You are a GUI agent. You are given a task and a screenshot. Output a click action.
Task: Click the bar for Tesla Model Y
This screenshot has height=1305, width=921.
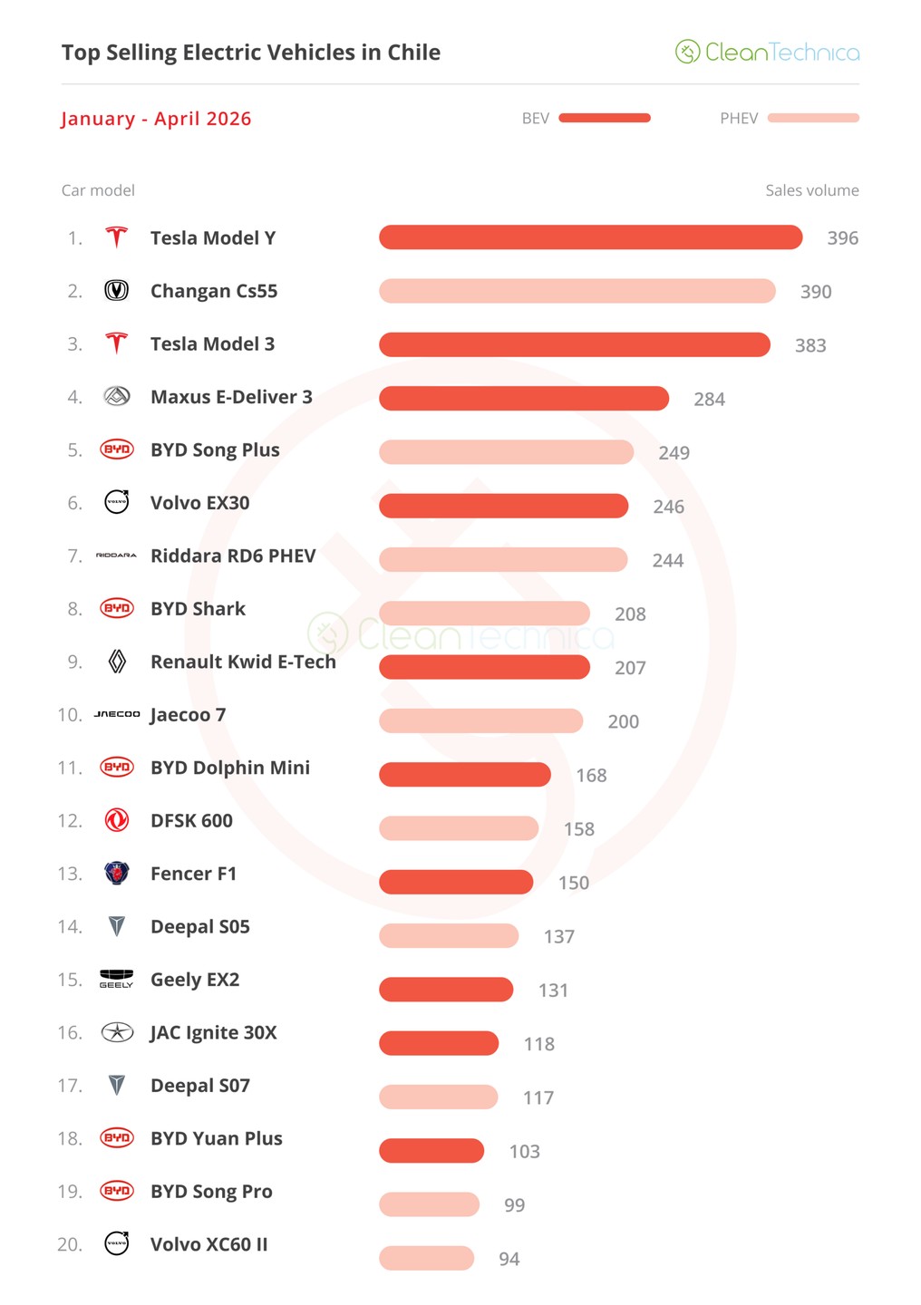(x=590, y=237)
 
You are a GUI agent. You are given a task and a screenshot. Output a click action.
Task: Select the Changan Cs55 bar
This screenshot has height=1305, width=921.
(x=577, y=291)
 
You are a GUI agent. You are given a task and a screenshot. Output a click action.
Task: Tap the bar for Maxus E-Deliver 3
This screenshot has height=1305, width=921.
(x=524, y=399)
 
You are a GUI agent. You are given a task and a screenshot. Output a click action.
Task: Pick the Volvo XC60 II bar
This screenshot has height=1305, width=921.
(x=426, y=1258)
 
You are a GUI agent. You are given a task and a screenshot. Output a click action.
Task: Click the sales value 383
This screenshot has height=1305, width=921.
(x=810, y=345)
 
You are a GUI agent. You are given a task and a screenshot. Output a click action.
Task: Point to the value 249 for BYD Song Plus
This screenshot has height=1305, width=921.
(x=674, y=453)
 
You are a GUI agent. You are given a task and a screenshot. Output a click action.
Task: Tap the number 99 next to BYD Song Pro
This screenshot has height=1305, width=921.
(x=514, y=1204)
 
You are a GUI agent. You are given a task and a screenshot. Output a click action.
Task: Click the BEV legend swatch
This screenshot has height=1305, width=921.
(x=605, y=118)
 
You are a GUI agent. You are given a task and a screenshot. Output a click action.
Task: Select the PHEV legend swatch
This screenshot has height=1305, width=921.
(x=813, y=118)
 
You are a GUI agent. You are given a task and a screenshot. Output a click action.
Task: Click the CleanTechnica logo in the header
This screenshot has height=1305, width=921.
(x=767, y=52)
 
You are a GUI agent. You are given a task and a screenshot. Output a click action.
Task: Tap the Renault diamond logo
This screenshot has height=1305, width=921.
(x=117, y=662)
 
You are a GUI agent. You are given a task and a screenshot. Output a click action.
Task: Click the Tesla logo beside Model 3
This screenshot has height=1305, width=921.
(x=117, y=343)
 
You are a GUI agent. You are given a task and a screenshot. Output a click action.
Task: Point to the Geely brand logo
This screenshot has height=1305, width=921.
(x=117, y=979)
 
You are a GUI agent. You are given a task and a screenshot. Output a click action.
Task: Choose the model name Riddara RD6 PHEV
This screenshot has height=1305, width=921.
(x=233, y=556)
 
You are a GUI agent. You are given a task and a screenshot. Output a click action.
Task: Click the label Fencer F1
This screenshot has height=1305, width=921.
(x=193, y=874)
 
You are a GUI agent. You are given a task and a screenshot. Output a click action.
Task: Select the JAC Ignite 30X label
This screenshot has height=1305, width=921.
(x=213, y=1032)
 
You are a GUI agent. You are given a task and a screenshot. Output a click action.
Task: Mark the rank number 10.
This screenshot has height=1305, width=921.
(x=70, y=714)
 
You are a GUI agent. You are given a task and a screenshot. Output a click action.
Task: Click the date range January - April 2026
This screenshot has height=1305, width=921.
(x=156, y=118)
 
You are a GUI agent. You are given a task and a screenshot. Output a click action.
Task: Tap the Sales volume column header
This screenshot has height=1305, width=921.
(x=812, y=190)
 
